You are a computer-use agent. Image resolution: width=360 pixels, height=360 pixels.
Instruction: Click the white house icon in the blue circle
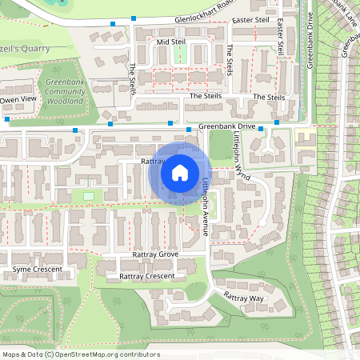[180, 173]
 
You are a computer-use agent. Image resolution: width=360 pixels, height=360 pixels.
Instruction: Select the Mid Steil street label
[170, 42]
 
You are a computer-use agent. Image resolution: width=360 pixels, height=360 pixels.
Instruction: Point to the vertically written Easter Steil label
[281, 39]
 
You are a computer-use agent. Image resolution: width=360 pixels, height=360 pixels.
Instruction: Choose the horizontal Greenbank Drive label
[226, 126]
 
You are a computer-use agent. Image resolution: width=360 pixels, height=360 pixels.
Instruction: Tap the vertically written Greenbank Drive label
[310, 40]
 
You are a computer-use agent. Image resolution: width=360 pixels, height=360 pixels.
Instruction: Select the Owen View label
[18, 99]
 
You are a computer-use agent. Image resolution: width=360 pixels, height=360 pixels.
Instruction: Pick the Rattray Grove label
[156, 254]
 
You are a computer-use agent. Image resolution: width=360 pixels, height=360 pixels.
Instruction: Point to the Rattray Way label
[244, 297]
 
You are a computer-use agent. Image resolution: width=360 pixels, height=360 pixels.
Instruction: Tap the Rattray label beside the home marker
[152, 161]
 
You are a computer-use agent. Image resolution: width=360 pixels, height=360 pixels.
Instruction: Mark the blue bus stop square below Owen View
[7, 119]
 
